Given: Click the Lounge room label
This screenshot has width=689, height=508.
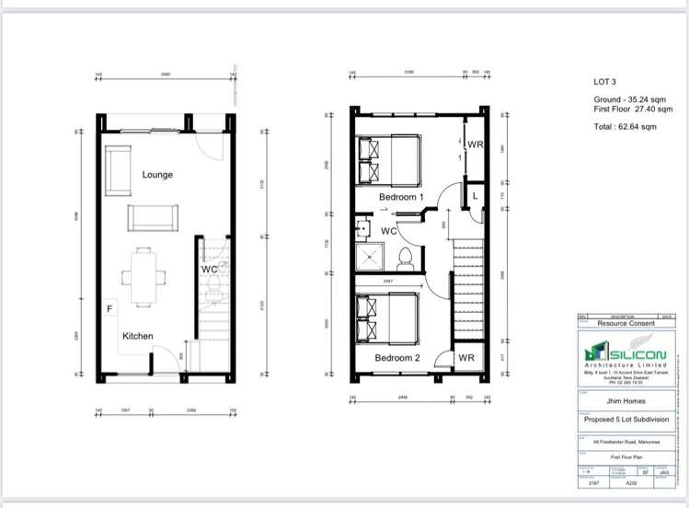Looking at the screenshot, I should pyautogui.click(x=157, y=174).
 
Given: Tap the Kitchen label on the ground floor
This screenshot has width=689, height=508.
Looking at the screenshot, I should pyautogui.click(x=138, y=336).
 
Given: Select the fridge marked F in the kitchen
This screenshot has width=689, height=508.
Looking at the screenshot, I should pyautogui.click(x=110, y=310).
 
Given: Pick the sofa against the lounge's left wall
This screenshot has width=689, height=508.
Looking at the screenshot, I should pyautogui.click(x=117, y=170).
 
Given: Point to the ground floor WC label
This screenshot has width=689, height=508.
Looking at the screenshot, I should pyautogui.click(x=209, y=269).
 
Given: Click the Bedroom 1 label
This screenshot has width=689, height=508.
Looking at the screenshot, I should pyautogui.click(x=400, y=197).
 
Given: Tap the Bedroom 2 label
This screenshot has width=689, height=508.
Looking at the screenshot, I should pyautogui.click(x=397, y=356).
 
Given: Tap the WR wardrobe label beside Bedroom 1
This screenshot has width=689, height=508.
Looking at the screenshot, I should pyautogui.click(x=475, y=144).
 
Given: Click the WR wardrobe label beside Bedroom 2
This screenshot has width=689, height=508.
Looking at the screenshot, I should pyautogui.click(x=465, y=356).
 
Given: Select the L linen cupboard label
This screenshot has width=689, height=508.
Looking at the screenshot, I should pyautogui.click(x=475, y=197).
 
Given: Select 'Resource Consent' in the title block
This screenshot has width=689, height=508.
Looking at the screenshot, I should pyautogui.click(x=625, y=324).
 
